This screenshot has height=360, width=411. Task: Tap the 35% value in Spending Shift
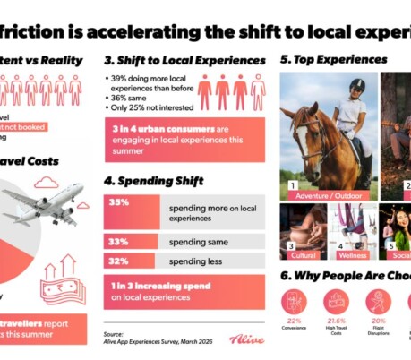coord(118,202)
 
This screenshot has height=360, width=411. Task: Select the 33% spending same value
coord(117,240)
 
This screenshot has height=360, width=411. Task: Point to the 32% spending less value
coord(117,262)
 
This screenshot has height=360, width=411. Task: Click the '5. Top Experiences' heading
coord(333,60)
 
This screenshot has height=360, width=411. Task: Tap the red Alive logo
coord(246,339)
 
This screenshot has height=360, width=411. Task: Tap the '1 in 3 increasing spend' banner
coord(183,291)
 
